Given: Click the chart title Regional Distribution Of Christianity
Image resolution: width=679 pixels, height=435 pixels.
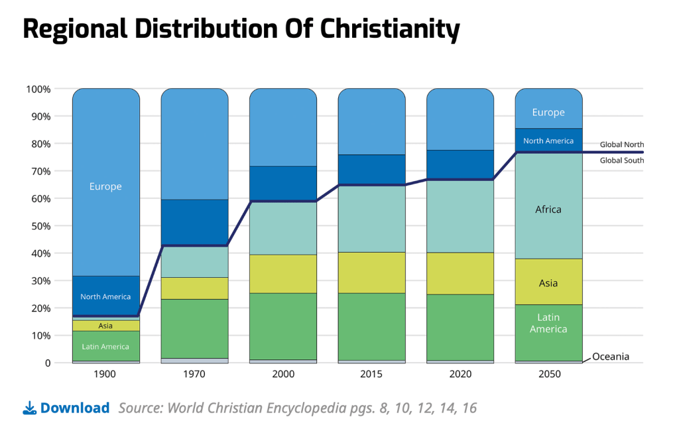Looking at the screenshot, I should click(241, 30).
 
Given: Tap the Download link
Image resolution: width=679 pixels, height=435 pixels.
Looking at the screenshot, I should click(74, 408).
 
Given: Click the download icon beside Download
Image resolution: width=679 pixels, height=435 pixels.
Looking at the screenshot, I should click(29, 408).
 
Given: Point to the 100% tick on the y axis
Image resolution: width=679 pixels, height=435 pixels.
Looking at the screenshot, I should click(38, 89).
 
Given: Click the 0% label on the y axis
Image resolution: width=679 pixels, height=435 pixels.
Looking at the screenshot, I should click(44, 363).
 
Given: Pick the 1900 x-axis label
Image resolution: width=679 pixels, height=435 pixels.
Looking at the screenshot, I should click(105, 375).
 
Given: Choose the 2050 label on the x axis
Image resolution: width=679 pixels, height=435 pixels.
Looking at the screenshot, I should click(548, 375).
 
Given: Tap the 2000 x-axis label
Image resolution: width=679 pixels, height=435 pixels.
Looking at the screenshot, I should click(283, 375).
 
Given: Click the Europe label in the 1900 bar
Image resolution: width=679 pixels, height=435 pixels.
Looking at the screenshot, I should click(105, 187).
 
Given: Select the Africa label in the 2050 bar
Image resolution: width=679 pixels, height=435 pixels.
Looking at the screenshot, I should click(548, 210).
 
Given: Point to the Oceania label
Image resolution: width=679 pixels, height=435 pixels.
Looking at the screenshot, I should click(611, 357).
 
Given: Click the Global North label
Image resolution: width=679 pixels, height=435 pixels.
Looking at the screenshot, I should click(621, 145).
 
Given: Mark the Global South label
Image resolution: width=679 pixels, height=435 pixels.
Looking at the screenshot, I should click(621, 160).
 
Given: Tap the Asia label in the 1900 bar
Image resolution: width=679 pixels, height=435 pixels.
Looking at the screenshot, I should click(105, 326).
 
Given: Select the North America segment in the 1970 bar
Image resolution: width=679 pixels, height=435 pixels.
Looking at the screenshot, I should click(194, 222).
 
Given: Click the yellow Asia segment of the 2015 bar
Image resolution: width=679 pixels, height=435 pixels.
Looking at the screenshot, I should click(371, 273).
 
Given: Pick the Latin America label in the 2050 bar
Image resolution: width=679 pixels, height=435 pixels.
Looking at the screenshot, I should click(548, 324).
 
